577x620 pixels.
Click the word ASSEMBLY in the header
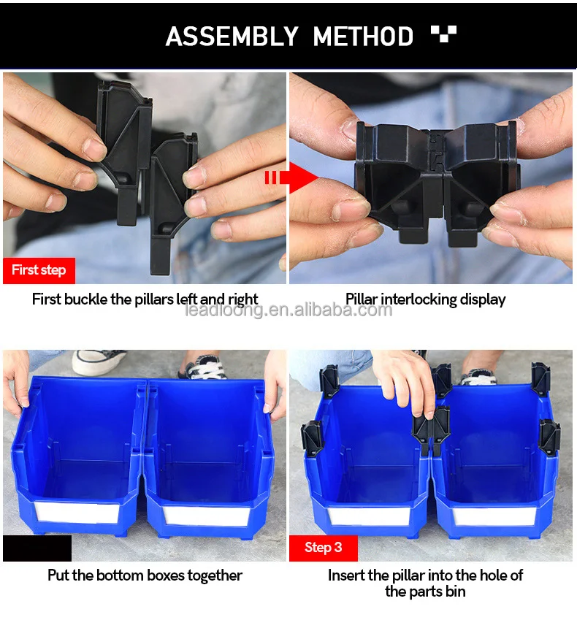(232, 36)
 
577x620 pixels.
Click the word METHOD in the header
(363, 36)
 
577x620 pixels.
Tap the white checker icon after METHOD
(443, 34)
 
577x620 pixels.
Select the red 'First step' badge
(39, 270)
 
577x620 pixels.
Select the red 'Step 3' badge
(323, 548)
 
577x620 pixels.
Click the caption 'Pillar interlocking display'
(425, 299)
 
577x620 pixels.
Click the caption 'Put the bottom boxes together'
(145, 575)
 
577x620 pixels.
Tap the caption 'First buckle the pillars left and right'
(145, 299)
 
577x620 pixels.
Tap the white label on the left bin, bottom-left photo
(77, 513)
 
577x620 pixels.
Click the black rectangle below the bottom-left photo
(37, 548)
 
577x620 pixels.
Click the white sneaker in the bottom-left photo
(99, 361)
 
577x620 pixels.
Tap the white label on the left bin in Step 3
(369, 516)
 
